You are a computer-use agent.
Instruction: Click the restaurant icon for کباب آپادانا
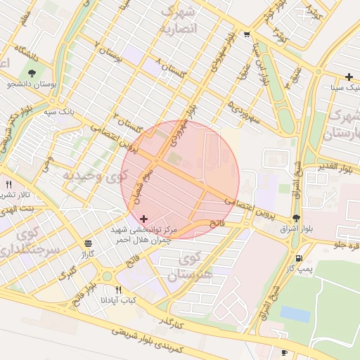(118, 290)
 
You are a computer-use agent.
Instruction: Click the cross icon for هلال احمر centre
(144, 219)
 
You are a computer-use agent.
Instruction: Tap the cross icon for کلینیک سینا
(349, 77)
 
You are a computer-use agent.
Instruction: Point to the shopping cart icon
(246, 34)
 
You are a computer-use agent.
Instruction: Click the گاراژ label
(87, 253)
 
